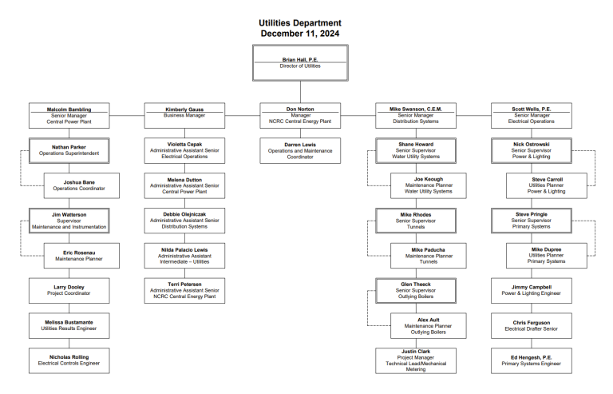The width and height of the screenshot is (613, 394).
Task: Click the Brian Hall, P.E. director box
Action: click(x=300, y=62)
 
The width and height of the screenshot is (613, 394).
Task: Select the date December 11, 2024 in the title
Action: click(x=300, y=34)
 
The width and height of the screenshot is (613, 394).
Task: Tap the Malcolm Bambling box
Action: click(x=69, y=116)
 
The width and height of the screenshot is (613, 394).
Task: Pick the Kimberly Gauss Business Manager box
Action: click(x=184, y=116)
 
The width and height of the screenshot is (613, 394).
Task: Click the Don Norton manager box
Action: click(x=300, y=116)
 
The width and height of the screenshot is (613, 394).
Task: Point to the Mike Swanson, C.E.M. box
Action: click(x=416, y=116)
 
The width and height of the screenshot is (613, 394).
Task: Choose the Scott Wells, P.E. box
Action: click(x=532, y=116)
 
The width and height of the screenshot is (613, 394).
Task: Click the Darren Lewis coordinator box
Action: click(x=300, y=150)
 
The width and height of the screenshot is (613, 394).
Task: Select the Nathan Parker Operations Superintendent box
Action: click(x=69, y=150)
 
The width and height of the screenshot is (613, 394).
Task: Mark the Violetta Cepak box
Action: click(x=184, y=150)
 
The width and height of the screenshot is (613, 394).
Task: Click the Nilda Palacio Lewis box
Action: click(x=184, y=256)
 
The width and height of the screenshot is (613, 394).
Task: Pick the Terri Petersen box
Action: click(x=184, y=290)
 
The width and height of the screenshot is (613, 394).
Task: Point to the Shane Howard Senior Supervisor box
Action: click(x=416, y=150)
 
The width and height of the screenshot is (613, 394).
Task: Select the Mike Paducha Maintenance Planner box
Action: click(x=429, y=256)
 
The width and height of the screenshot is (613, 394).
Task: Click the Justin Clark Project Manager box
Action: click(x=416, y=360)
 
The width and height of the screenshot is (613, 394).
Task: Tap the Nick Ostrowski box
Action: click(x=532, y=150)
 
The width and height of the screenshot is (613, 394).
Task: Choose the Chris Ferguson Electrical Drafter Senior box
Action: click(x=532, y=325)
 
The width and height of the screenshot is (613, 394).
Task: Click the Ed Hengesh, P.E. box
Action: click(x=532, y=360)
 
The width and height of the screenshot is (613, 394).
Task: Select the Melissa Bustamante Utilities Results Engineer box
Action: click(x=69, y=325)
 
